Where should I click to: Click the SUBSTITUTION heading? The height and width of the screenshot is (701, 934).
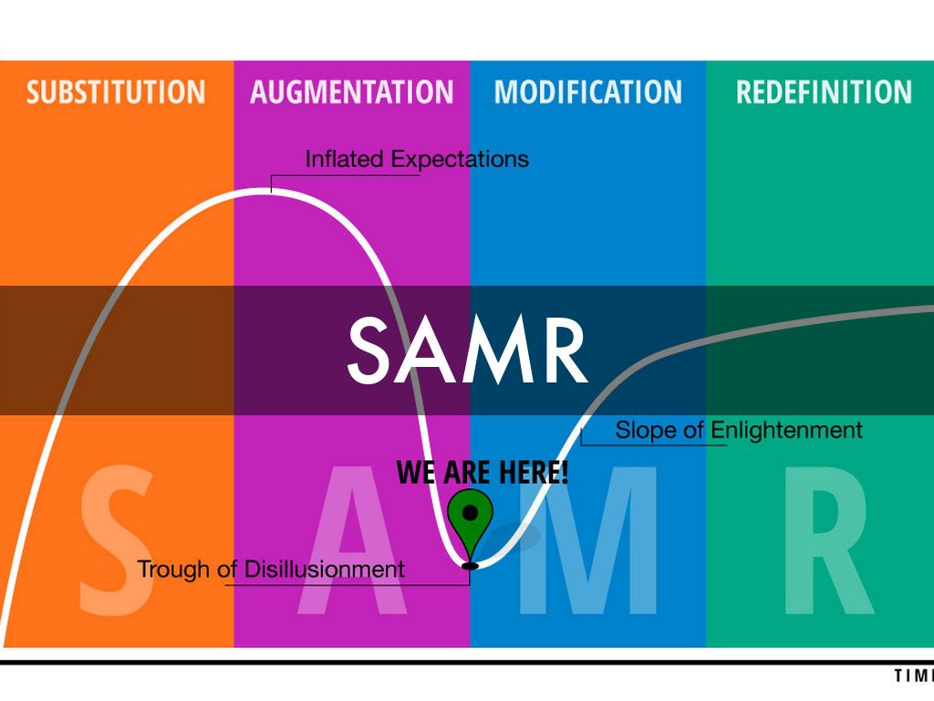[116, 92]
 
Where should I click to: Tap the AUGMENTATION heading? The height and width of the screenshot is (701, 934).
[351, 92]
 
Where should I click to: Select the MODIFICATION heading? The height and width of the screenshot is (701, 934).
[587, 92]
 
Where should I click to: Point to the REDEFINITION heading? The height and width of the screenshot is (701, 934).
[824, 92]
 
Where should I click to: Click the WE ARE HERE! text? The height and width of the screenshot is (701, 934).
[483, 472]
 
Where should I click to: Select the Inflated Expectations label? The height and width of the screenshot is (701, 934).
[417, 159]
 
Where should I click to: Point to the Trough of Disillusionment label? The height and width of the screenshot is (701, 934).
[271, 570]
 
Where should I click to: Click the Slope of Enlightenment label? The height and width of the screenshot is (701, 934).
[739, 430]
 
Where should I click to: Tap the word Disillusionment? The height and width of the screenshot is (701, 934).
[324, 570]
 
